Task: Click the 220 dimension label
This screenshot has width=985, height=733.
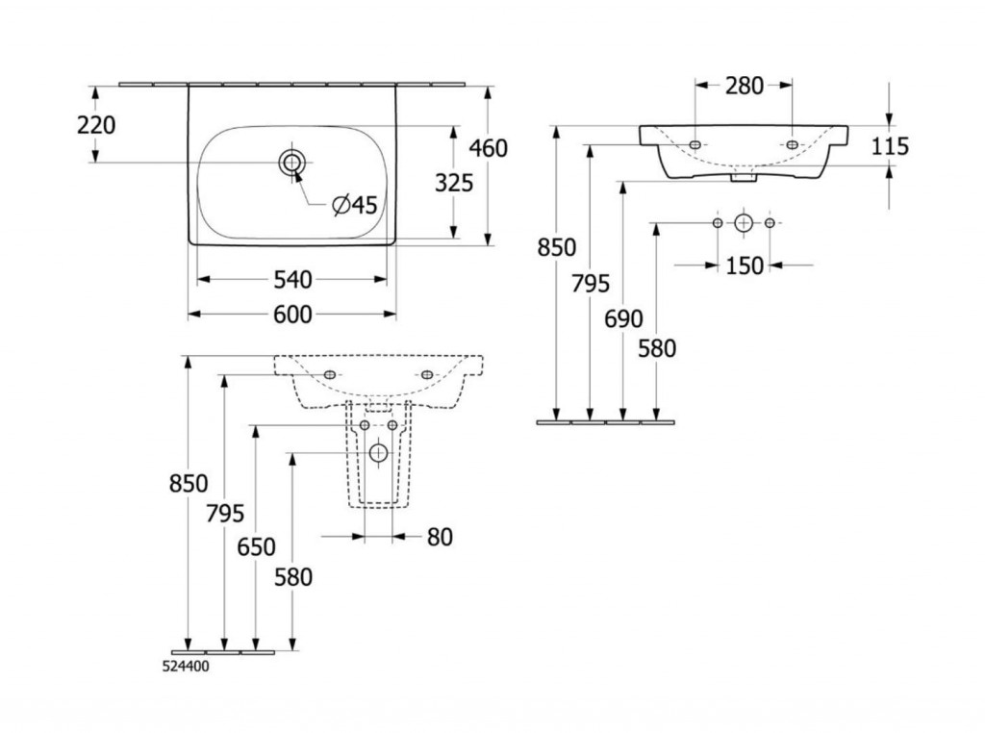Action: click(x=96, y=125)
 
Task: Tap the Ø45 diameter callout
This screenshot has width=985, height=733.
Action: click(x=354, y=205)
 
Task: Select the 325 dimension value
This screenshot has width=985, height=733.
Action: click(x=454, y=182)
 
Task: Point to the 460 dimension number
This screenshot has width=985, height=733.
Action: click(x=488, y=148)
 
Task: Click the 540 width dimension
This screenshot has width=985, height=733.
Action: click(x=292, y=280)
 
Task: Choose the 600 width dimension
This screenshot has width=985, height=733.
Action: click(x=292, y=315)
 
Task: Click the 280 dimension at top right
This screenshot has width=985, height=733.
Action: click(x=745, y=86)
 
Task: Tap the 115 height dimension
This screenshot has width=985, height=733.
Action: click(x=890, y=146)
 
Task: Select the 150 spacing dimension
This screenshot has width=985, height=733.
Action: click(x=745, y=265)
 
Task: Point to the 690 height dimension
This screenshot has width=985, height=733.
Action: click(x=624, y=319)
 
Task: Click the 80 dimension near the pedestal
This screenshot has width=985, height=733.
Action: click(x=439, y=537)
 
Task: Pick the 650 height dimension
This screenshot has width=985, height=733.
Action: click(x=256, y=547)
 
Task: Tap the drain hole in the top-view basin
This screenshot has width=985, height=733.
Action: click(x=291, y=163)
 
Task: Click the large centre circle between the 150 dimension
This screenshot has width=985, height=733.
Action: click(x=744, y=223)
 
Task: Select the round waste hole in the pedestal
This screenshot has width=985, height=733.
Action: click(x=378, y=452)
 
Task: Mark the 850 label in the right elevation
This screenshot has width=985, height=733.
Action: click(x=558, y=247)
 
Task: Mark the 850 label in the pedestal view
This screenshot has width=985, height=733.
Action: click(x=189, y=485)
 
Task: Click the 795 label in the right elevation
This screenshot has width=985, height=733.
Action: click(x=591, y=284)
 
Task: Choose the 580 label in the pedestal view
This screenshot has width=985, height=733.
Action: click(x=293, y=577)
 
